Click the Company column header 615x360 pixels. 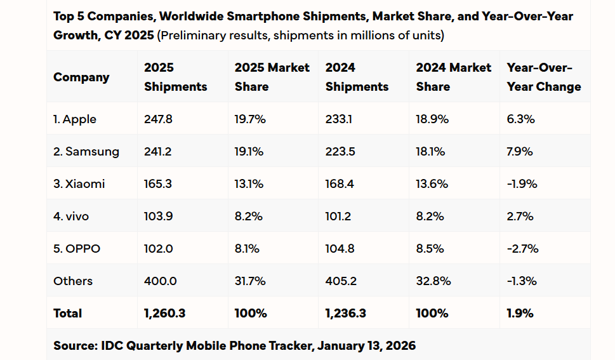coord(81,77)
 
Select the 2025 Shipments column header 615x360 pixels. coord(175,77)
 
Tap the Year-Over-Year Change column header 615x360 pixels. coord(544,77)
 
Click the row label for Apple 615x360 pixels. coord(75,119)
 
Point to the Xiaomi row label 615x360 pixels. coord(79,184)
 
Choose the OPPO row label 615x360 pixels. coord(77,249)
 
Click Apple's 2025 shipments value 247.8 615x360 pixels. coord(159,119)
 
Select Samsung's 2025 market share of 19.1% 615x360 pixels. coord(250,152)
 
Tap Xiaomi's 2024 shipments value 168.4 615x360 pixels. coord(340,184)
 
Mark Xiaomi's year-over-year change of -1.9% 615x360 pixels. coord(522,184)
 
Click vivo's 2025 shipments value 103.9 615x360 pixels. coord(158,217)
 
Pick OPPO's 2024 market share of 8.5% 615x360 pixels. coord(430,249)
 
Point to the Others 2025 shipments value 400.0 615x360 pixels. coord(160,281)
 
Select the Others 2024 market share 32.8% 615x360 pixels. coord(433,281)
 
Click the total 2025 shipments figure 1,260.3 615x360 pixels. coord(164,313)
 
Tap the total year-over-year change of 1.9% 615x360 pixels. coord(520,313)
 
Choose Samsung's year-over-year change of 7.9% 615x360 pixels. coord(520,152)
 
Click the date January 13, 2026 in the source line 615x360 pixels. coord(366,345)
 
